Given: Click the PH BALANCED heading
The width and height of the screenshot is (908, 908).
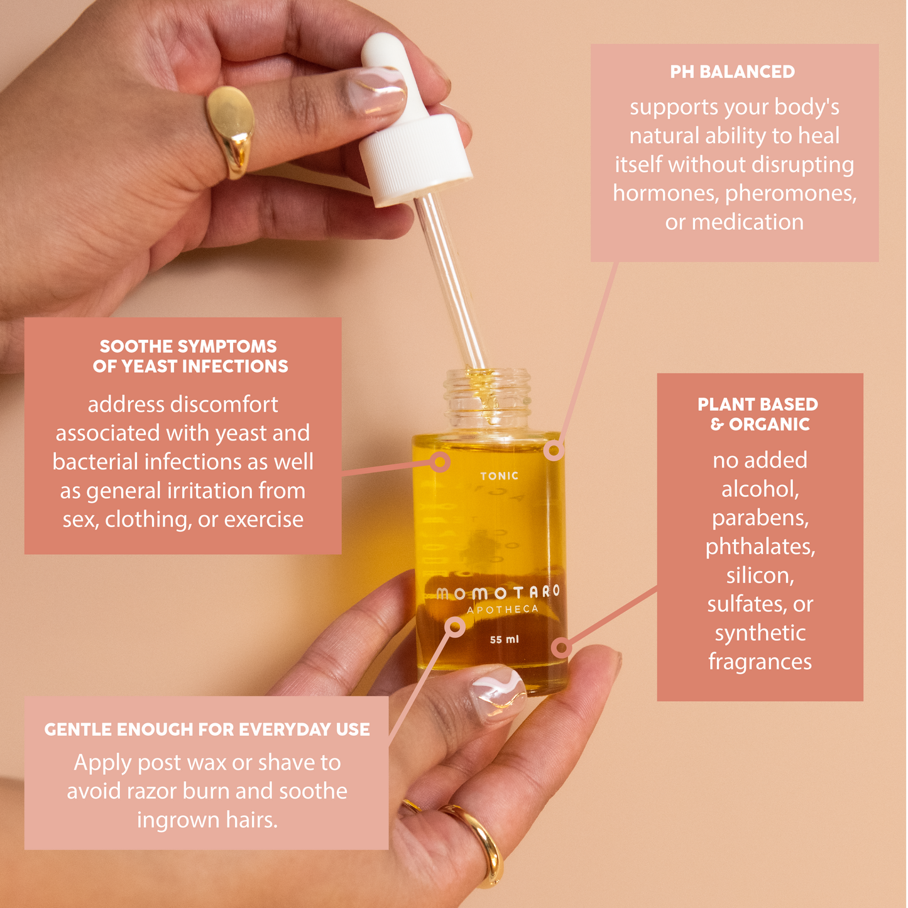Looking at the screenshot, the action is (732, 72).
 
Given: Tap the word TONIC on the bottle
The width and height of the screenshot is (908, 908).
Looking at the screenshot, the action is (500, 476).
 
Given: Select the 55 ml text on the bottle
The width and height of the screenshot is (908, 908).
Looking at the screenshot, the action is (504, 640).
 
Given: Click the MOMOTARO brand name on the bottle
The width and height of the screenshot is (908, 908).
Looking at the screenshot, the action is (498, 593).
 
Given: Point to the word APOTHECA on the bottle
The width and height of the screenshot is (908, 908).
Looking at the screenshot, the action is (502, 610).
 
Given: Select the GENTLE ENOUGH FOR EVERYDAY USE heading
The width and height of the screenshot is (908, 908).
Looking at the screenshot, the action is (207, 730).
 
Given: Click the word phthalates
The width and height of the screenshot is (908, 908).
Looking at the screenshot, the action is (760, 547).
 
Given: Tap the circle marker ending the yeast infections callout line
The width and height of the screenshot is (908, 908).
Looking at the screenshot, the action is (440, 462).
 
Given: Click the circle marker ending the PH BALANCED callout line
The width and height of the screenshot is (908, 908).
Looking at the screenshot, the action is (554, 451).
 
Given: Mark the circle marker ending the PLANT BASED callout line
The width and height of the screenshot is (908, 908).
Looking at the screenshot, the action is (561, 647).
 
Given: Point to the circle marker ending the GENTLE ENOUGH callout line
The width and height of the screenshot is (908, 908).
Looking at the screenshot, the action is (455, 626).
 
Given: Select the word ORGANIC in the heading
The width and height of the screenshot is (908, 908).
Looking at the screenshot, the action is (769, 425).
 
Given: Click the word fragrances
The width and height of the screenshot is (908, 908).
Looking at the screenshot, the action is (760, 662).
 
